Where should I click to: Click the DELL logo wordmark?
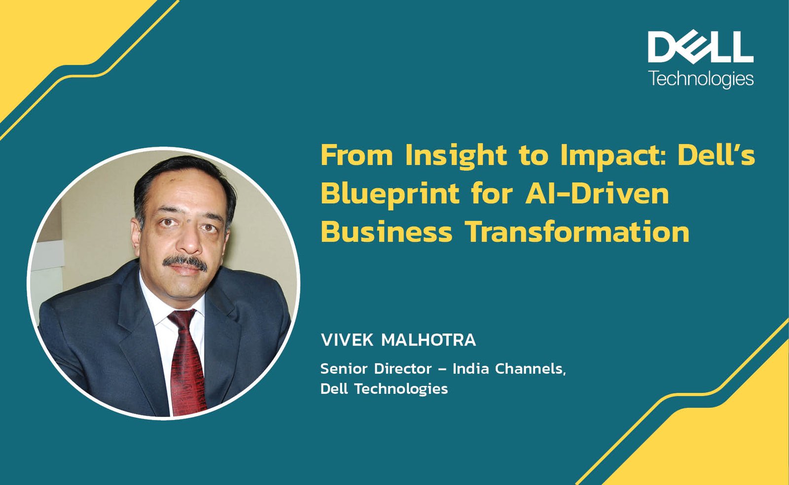701,47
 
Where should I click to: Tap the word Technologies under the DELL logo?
701,79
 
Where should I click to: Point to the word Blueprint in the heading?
390,195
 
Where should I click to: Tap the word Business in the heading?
387,232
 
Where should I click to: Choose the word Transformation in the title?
577,232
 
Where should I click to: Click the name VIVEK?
347,341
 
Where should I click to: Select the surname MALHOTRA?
429,341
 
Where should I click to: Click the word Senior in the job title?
344,369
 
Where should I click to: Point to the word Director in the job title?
403,369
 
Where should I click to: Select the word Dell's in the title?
717,155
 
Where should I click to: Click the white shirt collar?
166,303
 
